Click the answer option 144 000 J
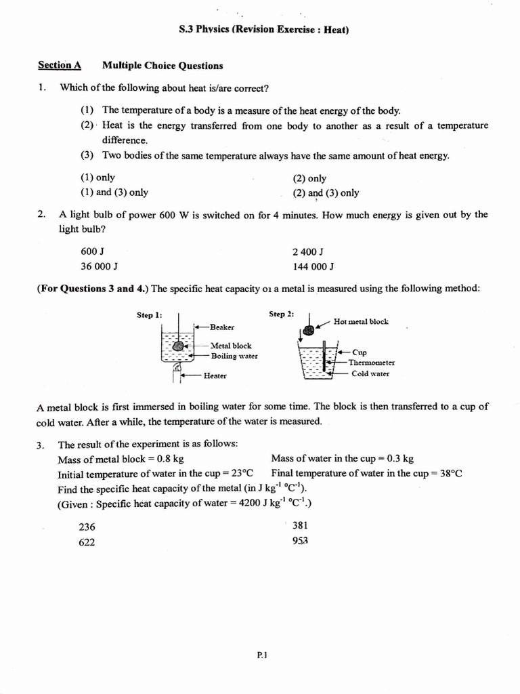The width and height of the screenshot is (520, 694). coord(313,266)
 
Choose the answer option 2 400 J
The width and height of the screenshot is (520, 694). coord(307,251)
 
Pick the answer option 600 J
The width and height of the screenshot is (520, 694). coord(92,251)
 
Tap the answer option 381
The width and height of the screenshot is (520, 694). coord(300,525)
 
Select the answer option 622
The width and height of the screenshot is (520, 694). coord(87,542)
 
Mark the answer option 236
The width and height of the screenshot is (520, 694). coord(87,527)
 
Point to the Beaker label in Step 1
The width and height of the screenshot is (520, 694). coord(222,327)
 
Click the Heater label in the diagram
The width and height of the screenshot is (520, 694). coord(215,375)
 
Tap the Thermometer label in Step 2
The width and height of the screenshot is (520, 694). coord(371,363)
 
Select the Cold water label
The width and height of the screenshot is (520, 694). coord(370,373)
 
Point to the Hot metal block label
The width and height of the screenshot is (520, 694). coord(361,321)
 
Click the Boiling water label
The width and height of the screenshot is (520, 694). coord(234,356)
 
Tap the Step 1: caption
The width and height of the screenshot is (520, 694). coord(150,315)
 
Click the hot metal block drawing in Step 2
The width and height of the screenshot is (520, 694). coord(308,331)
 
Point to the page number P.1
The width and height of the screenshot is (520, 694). coord(263,655)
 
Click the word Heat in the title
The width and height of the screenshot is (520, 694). coord(335,30)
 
